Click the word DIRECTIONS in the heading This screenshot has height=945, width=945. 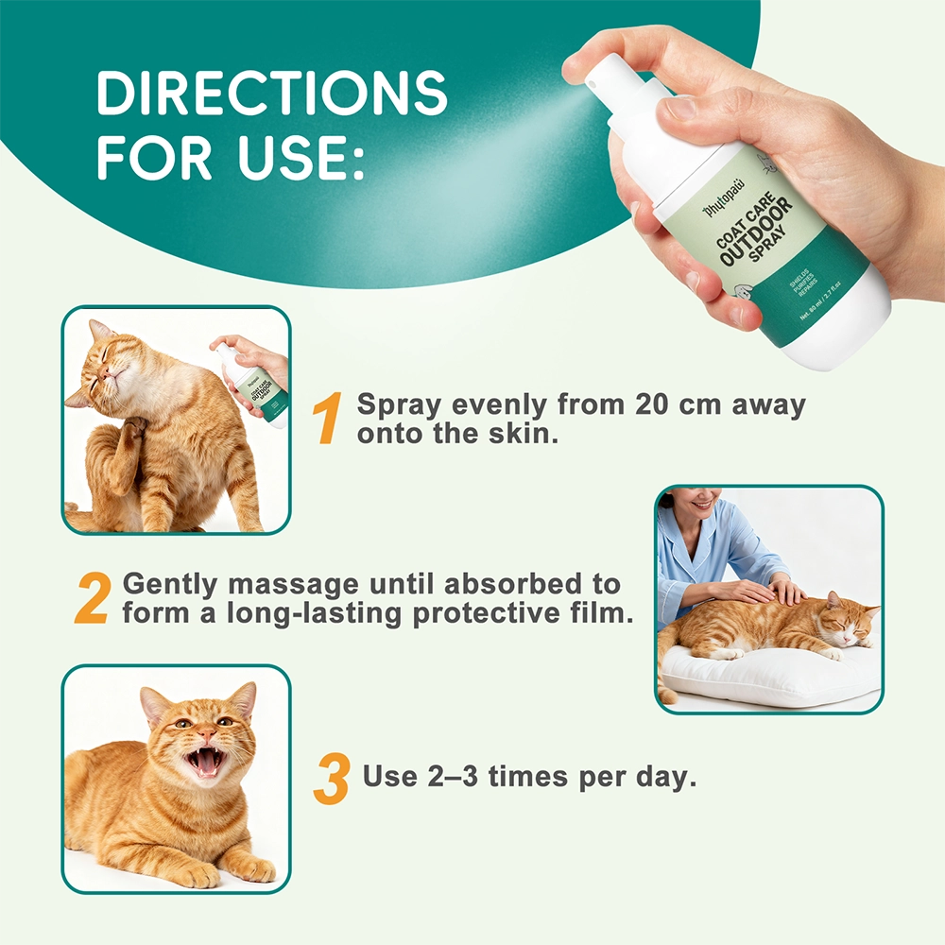[271, 93]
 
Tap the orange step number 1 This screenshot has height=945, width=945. [329, 420]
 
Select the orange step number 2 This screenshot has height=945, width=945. [93, 598]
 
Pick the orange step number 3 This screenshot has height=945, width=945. [332, 779]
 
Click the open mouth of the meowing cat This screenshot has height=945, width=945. [206, 761]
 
